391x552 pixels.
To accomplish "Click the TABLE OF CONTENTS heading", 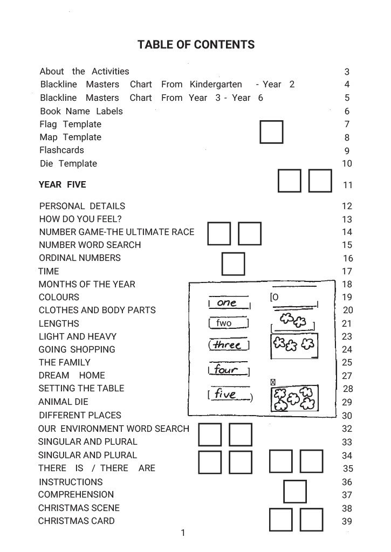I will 196,45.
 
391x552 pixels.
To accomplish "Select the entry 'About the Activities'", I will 84,71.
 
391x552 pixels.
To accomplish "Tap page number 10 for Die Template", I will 347,164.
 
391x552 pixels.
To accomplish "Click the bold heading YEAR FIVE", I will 62,184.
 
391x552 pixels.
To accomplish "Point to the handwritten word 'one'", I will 227,303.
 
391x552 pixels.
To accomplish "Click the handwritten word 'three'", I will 227,345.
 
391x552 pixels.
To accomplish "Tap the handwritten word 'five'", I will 225,395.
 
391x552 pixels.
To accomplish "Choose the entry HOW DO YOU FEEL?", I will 80,219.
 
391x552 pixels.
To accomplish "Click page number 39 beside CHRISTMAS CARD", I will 347,521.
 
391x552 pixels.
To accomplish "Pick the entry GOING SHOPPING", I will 77,349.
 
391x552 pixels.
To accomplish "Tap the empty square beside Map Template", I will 271,132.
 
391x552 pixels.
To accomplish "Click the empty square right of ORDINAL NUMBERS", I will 233,264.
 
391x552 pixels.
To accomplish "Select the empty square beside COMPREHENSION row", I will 294,491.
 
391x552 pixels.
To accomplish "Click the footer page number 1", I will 183,533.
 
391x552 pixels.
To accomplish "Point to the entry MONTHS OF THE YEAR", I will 87,284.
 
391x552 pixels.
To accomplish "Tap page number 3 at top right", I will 347,72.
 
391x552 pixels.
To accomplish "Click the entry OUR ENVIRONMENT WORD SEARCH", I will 114,429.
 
